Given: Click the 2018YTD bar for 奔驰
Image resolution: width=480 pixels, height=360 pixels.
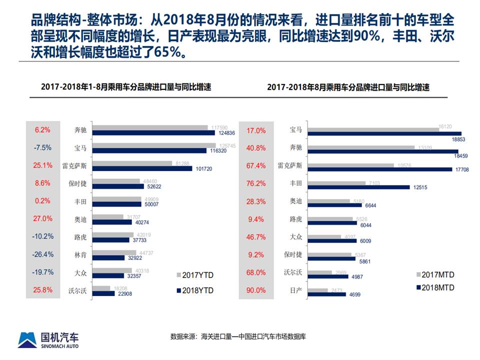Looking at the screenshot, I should [153, 133].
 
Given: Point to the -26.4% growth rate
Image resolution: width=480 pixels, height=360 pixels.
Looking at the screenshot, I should [43, 254].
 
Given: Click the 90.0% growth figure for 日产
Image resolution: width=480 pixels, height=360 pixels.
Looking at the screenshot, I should [256, 290].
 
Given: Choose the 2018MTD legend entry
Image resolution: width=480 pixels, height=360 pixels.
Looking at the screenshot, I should [436, 287].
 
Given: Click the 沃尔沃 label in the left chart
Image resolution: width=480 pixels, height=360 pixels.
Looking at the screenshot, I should [78, 290].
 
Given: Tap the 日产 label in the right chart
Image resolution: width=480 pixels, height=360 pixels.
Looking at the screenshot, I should [296, 290].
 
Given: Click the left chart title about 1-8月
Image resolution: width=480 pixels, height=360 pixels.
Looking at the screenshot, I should [126, 87].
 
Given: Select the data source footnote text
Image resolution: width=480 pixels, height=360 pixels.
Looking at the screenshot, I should [238, 336].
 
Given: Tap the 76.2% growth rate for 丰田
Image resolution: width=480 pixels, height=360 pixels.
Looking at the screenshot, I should [256, 183].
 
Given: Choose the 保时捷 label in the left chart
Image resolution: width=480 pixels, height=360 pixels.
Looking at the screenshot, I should [78, 183].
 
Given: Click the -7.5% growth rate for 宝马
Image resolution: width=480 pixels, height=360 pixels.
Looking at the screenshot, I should [43, 148].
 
